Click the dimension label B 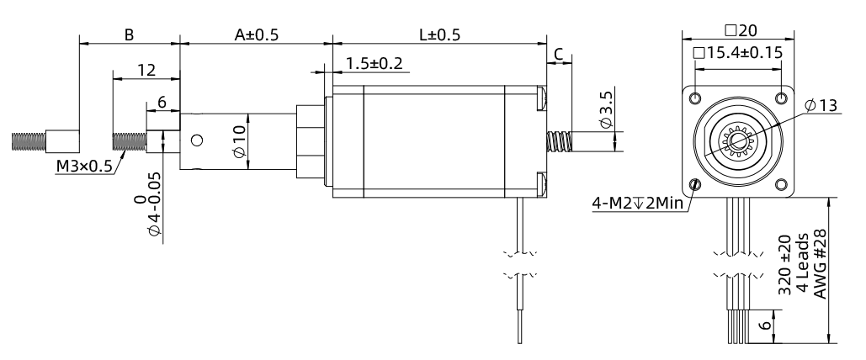129,35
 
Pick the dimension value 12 146,71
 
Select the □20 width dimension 741,30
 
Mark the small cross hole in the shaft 199,140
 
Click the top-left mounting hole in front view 694,98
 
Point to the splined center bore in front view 738,141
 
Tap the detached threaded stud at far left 44,140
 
